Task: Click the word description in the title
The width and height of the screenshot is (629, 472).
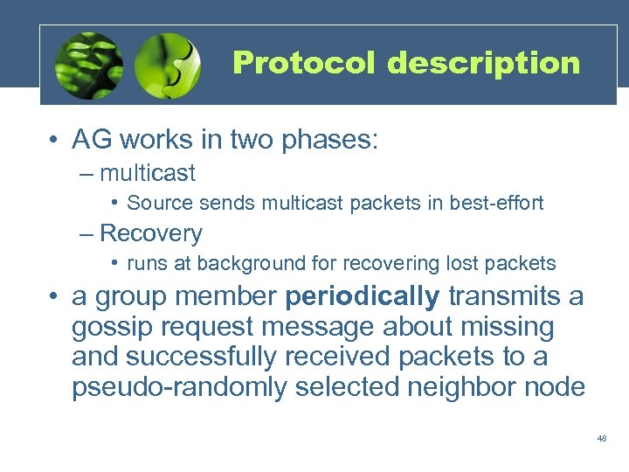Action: click(x=484, y=64)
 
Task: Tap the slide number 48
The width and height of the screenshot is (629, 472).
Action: click(x=601, y=438)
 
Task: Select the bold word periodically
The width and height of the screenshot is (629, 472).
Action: click(x=363, y=297)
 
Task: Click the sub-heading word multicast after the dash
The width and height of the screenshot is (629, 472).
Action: click(x=148, y=173)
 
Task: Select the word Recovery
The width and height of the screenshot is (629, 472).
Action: click(x=151, y=233)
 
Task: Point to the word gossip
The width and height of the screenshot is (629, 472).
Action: click(x=114, y=328)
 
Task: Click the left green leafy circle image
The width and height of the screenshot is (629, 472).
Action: click(x=88, y=66)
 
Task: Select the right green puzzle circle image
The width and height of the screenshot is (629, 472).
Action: click(x=169, y=66)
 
